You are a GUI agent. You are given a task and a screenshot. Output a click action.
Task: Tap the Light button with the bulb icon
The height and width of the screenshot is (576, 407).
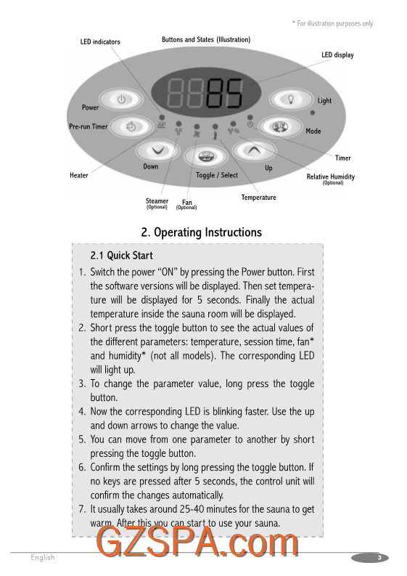point(291,100)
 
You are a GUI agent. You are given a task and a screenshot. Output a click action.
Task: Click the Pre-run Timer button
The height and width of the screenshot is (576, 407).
point(131,126)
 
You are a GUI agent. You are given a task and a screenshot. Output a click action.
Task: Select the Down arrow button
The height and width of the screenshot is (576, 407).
point(158,150)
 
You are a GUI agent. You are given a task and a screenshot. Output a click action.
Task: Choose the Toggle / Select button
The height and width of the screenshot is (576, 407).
point(205,156)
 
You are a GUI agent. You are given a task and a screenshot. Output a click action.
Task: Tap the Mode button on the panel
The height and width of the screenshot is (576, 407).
point(280,126)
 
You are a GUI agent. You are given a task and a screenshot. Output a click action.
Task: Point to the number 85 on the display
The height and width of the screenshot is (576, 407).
point(225,93)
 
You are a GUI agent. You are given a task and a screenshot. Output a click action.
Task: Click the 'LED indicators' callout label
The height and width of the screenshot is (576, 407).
point(100,42)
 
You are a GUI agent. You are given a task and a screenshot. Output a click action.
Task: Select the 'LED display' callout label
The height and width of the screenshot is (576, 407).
point(337,54)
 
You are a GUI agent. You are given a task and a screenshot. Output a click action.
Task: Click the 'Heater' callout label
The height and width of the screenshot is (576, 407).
point(79,175)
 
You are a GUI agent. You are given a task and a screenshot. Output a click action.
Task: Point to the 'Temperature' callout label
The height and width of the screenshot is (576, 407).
point(259,198)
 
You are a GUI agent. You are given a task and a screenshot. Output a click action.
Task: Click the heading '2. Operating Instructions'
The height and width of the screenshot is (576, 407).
point(202,232)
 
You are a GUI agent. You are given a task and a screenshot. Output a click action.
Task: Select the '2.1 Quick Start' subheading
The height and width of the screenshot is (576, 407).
point(121,255)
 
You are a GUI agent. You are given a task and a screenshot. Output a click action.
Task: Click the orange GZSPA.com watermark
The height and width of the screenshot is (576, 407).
point(197,541)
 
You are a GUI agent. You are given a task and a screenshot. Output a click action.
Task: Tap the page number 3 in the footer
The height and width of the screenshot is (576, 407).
point(379,558)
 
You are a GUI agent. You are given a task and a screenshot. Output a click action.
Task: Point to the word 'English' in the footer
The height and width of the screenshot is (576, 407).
point(43,558)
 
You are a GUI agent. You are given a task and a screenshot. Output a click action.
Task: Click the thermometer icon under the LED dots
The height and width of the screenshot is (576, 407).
point(215,135)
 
